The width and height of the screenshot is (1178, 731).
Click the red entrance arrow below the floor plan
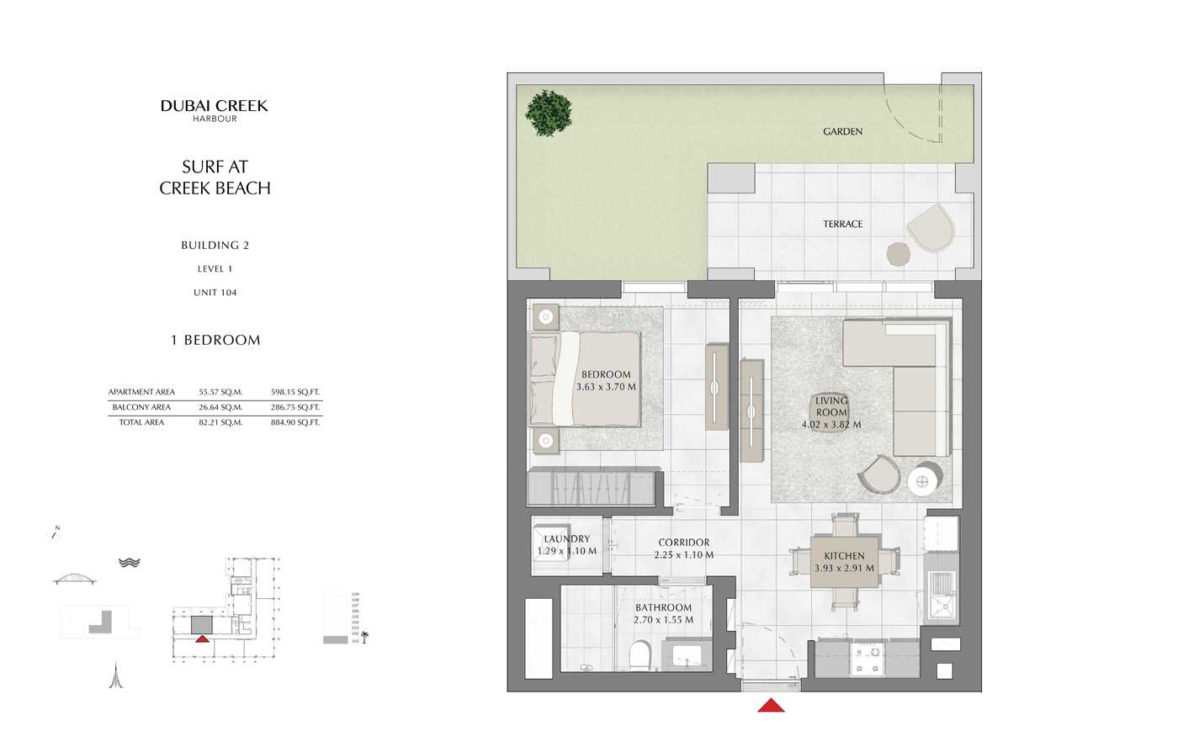pyautogui.click(x=771, y=705)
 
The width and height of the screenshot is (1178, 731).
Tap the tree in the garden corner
pyautogui.click(x=549, y=112)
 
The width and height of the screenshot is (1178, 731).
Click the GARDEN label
pyautogui.click(x=842, y=131)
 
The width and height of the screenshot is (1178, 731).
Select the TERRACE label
pyautogui.click(x=842, y=224)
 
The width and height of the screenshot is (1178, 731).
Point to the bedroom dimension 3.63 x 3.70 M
pyautogui.click(x=606, y=387)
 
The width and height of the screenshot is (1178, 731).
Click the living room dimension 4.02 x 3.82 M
pyautogui.click(x=830, y=425)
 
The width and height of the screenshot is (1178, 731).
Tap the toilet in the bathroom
pyautogui.click(x=640, y=655)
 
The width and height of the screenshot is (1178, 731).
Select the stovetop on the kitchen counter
pyautogui.click(x=868, y=659)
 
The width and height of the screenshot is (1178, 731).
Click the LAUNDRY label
pyautogui.click(x=566, y=539)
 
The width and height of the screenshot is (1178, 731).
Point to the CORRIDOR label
pyautogui.click(x=683, y=543)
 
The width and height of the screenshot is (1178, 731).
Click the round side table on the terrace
pyautogui.click(x=899, y=253)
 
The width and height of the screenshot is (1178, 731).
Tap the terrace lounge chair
pyautogui.click(x=931, y=227)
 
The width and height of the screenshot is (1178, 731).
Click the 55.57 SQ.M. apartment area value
pyautogui.click(x=220, y=392)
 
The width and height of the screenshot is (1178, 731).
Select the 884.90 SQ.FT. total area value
pyautogui.click(x=295, y=422)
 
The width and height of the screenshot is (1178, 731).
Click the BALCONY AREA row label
pyautogui.click(x=141, y=407)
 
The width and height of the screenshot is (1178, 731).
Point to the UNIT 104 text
pyautogui.click(x=215, y=293)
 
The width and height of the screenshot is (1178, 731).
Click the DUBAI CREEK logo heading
pyautogui.click(x=214, y=106)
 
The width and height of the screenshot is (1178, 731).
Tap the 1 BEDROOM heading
pyautogui.click(x=215, y=340)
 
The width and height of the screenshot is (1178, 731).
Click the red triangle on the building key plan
pyautogui.click(x=202, y=638)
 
